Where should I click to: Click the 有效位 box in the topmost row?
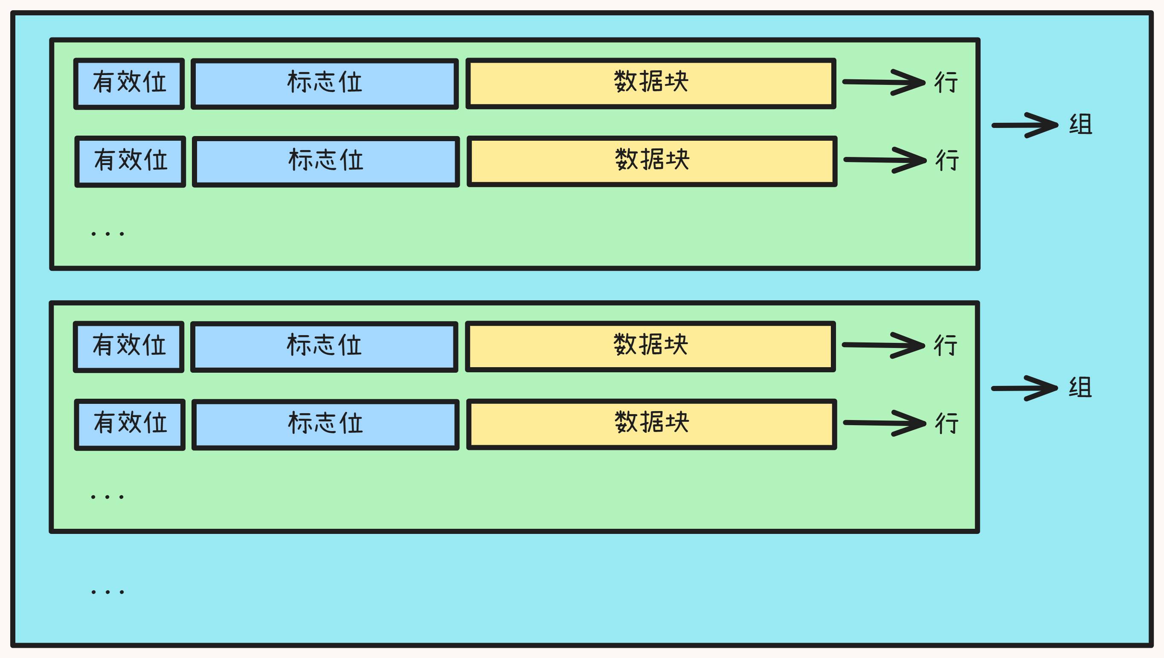[129, 84]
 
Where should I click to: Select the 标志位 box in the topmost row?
[325, 84]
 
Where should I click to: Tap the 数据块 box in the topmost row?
[651, 83]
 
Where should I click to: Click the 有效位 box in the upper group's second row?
[130, 161]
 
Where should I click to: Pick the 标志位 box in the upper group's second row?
[326, 161]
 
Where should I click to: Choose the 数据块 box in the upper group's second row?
[652, 161]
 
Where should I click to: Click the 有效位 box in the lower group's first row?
[128, 347]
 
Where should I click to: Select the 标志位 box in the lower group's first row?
[324, 347]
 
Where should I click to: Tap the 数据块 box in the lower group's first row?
[650, 346]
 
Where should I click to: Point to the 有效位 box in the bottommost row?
[130, 424]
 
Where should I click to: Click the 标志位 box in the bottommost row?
[325, 424]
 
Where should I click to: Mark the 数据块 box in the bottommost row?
[651, 424]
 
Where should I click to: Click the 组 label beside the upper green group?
[1080, 125]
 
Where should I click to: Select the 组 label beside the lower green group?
[1080, 388]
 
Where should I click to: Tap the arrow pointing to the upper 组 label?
[1025, 125]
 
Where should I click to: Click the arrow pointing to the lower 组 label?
[1025, 388]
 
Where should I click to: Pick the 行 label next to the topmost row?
[946, 82]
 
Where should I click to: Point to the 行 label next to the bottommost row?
[946, 423]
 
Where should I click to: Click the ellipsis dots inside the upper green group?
[107, 234]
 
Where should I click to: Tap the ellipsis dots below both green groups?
[107, 591]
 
